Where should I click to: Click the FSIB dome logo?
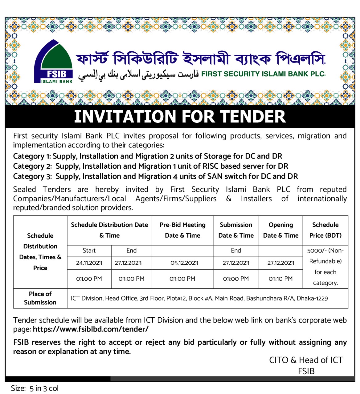coord(54,62)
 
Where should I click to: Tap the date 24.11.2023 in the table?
coord(89,263)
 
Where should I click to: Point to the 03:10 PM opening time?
coord(280,279)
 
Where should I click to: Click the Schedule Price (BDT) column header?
coord(325,230)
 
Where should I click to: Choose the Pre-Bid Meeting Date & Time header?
coord(182,230)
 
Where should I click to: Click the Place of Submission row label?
coord(40,298)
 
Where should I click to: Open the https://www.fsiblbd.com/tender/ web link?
coord(91,329)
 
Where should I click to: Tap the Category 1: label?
coord(32,156)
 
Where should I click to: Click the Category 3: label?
coord(32,176)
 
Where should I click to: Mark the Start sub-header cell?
coord(89,251)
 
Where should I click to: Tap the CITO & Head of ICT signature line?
coord(306,360)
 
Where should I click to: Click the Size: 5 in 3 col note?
coord(35,388)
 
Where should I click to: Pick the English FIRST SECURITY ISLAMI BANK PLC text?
coord(263,74)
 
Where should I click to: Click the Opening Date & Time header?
coord(281,230)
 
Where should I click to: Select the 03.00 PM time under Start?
coord(89,279)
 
